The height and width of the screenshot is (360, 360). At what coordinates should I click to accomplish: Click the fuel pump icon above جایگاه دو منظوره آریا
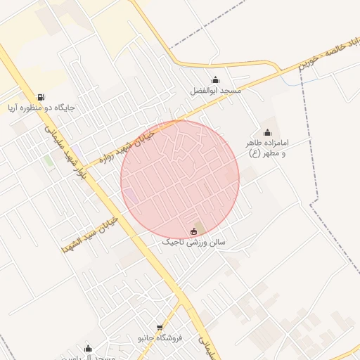tap(41, 98)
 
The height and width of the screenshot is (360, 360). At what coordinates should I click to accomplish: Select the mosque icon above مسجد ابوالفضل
tap(215, 79)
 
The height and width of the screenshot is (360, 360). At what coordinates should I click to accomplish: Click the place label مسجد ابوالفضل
tap(215, 91)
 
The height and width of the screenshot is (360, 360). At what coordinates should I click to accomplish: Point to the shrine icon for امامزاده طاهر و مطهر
tap(267, 132)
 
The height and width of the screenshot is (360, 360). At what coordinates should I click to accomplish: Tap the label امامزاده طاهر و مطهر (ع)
tap(267, 148)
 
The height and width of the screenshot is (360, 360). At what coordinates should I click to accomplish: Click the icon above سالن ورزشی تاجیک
tap(194, 231)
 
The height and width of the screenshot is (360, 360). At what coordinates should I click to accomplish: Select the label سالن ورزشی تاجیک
tap(194, 242)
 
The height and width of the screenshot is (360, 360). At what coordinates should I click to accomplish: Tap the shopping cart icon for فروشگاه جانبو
tap(160, 327)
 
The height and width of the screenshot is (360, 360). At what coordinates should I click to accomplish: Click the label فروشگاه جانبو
tap(160, 337)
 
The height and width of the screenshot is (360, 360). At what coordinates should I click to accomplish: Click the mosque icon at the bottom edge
tap(88, 348)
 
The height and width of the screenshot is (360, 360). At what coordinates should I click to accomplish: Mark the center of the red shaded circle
tap(180, 179)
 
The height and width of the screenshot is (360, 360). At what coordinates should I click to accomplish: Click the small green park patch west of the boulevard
tap(48, 162)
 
